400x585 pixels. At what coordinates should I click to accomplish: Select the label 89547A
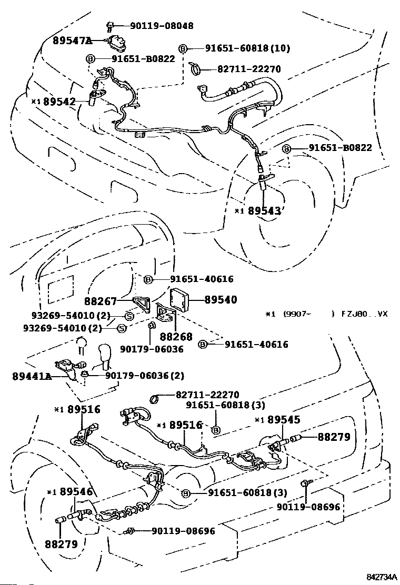pos(72,40)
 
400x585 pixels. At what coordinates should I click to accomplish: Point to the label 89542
pos(59,102)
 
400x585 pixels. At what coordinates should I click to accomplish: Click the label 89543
pos(265,211)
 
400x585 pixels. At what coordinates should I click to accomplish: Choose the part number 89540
pos(220,300)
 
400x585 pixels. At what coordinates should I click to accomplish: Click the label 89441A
pos(32,376)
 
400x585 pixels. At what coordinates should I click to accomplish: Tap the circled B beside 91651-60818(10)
pos(183,48)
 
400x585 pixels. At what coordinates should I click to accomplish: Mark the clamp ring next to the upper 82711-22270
pos(196,68)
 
